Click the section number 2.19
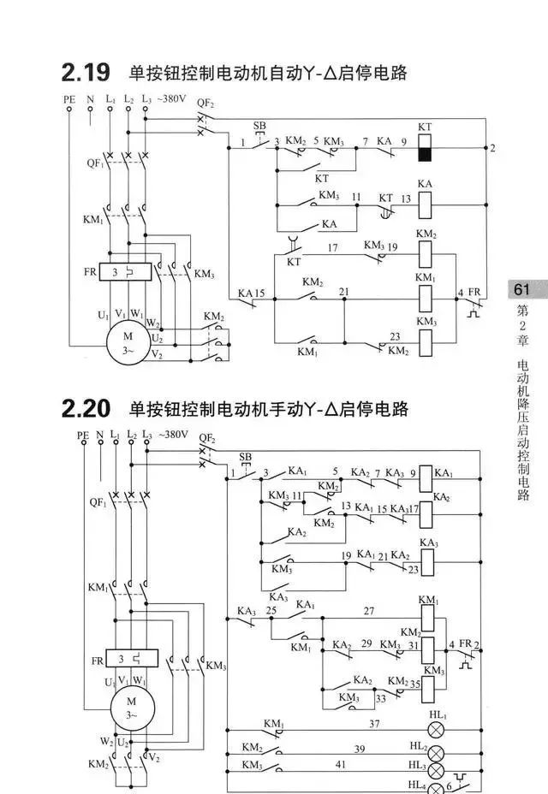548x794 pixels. click(85, 73)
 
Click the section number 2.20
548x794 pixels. click(86, 410)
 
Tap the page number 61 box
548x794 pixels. click(522, 290)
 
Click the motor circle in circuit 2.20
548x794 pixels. click(130, 708)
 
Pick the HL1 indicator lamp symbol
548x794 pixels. click(437, 730)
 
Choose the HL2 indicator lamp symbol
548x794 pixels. click(437, 753)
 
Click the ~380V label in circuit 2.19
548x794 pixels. click(171, 98)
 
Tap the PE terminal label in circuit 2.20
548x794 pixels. click(83, 435)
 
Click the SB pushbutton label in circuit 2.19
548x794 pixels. click(259, 126)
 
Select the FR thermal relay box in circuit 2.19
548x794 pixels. click(127, 272)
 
